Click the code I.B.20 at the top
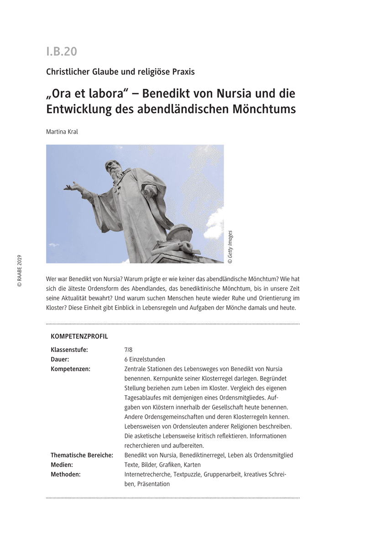[62, 52]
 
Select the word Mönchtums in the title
[270, 109]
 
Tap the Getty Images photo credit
[230, 247]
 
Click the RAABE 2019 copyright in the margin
[19, 271]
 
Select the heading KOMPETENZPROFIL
[79, 336]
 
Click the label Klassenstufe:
[69, 350]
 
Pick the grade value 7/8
[128, 350]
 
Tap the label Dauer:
[60, 359]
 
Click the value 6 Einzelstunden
[145, 359]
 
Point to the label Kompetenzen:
[70, 369]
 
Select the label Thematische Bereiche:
[82, 455]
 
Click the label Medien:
[62, 464]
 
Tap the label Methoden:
[66, 474]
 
